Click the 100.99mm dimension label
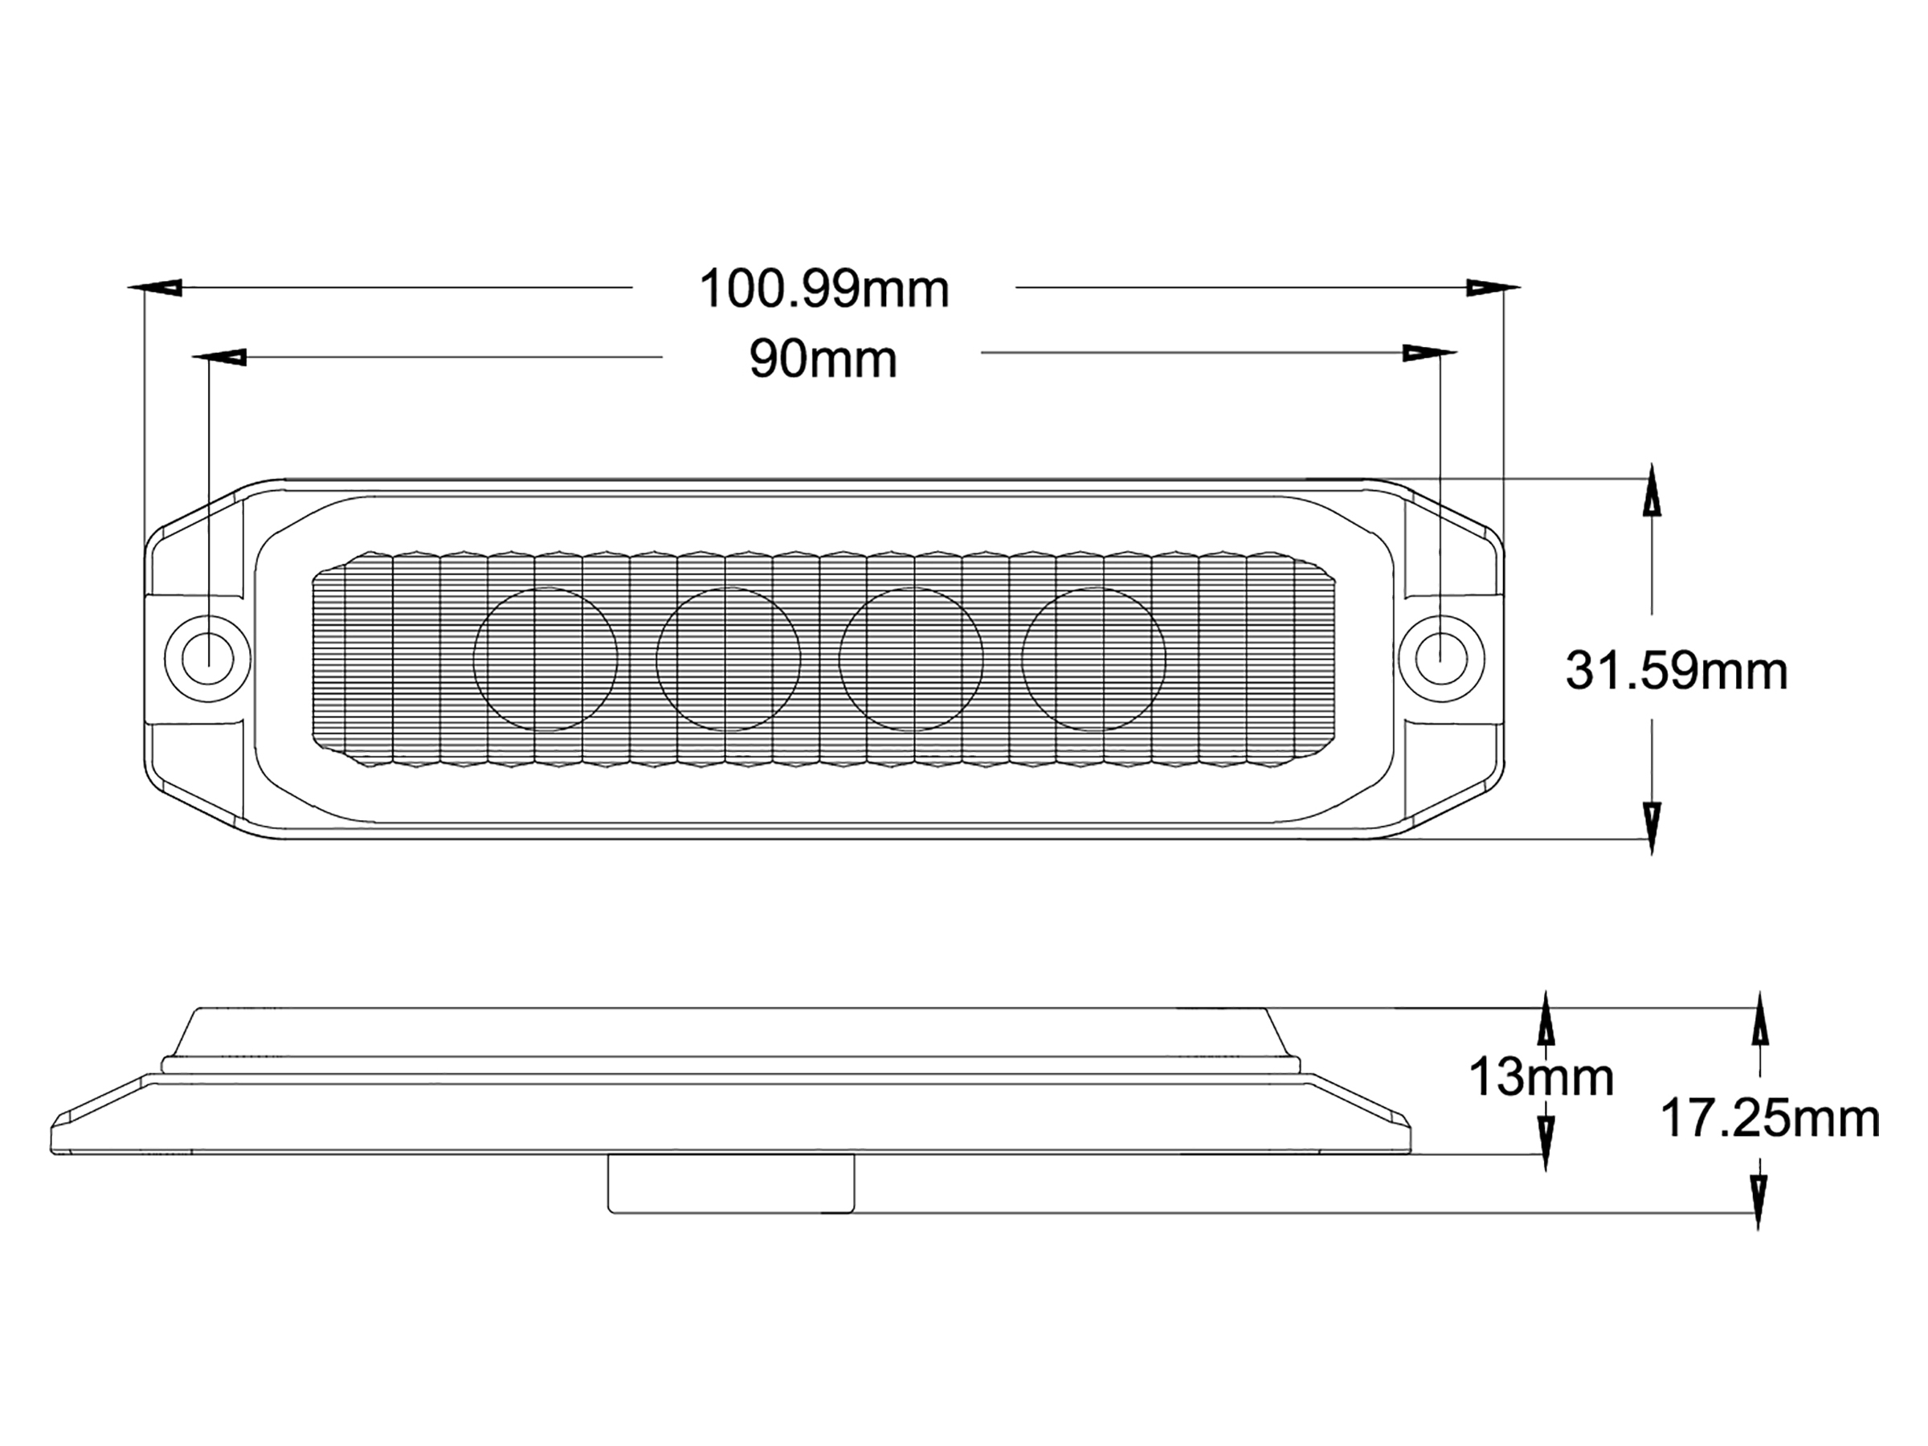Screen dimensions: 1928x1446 [x=823, y=288]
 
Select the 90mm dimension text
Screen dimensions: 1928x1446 [x=823, y=359]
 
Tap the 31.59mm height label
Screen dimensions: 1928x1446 [x=1676, y=671]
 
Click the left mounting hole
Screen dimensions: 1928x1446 [x=207, y=657]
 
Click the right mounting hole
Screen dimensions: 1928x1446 [x=1440, y=657]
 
